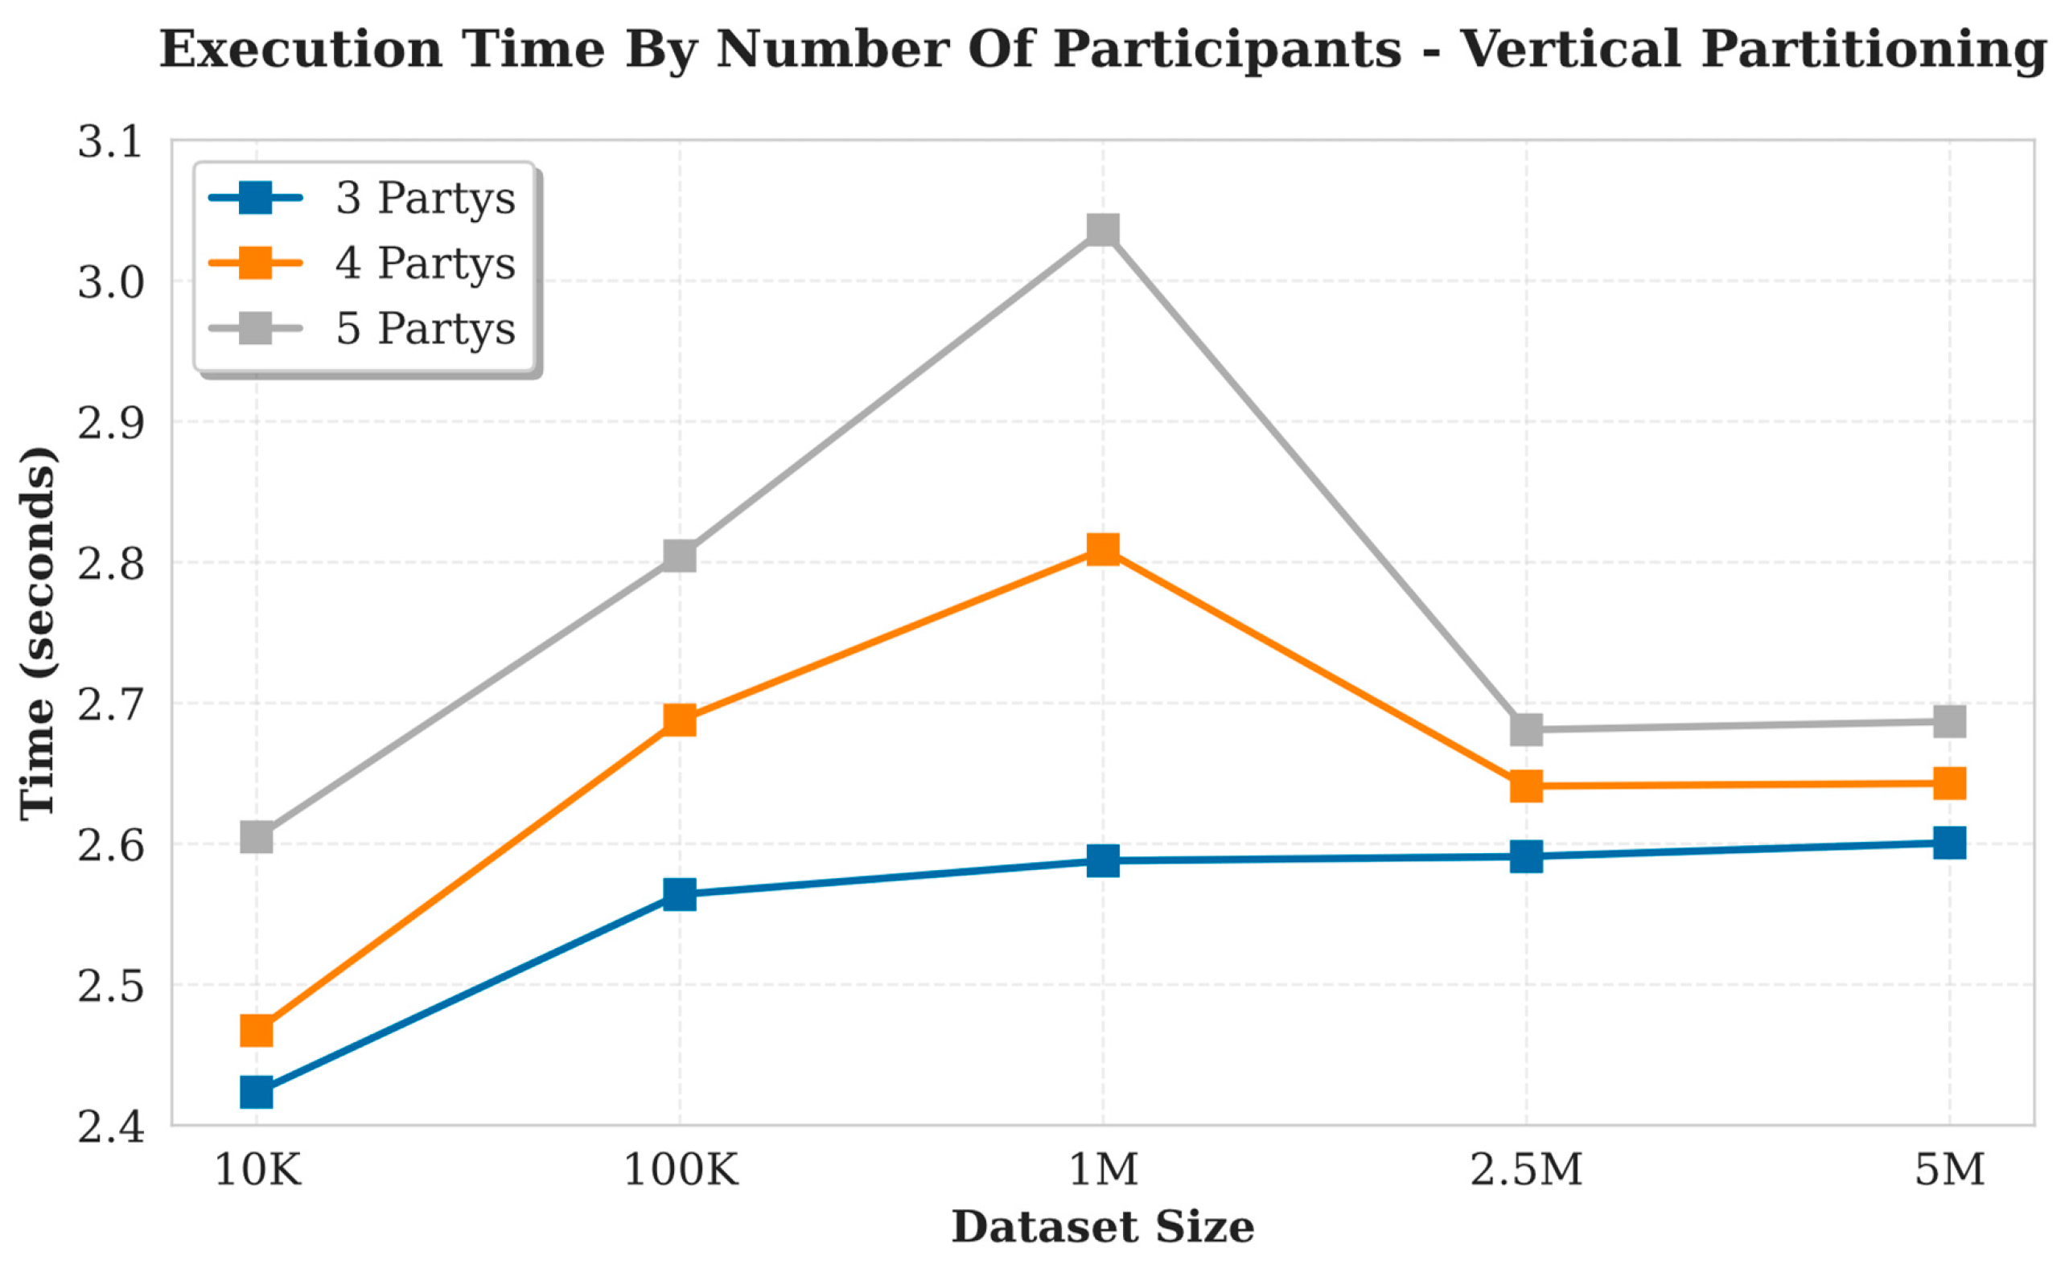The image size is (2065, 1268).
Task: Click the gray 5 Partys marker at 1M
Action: click(1102, 229)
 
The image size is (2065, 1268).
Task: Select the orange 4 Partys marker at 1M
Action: click(1102, 549)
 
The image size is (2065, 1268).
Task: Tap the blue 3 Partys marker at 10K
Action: click(257, 1092)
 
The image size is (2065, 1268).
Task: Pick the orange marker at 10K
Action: click(257, 1030)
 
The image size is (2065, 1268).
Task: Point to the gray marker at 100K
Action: click(680, 555)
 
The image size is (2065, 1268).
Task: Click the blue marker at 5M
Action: click(1949, 842)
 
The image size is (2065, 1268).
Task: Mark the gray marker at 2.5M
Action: click(1527, 728)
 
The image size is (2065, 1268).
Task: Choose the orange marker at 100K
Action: click(680, 719)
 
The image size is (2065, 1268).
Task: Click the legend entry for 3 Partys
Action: click(425, 198)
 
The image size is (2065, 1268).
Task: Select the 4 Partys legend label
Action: click(425, 262)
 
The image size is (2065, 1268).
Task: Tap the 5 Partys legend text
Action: click(425, 328)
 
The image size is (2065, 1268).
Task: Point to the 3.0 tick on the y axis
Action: click(111, 282)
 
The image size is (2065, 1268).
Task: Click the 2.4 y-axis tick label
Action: click(111, 1127)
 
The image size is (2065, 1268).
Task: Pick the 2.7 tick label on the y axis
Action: click(111, 704)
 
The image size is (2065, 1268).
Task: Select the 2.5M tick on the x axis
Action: click(1527, 1169)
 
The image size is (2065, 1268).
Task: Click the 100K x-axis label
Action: click(680, 1169)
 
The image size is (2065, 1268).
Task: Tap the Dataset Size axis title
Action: click(1102, 1227)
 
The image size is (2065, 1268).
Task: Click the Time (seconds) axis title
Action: click(39, 633)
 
